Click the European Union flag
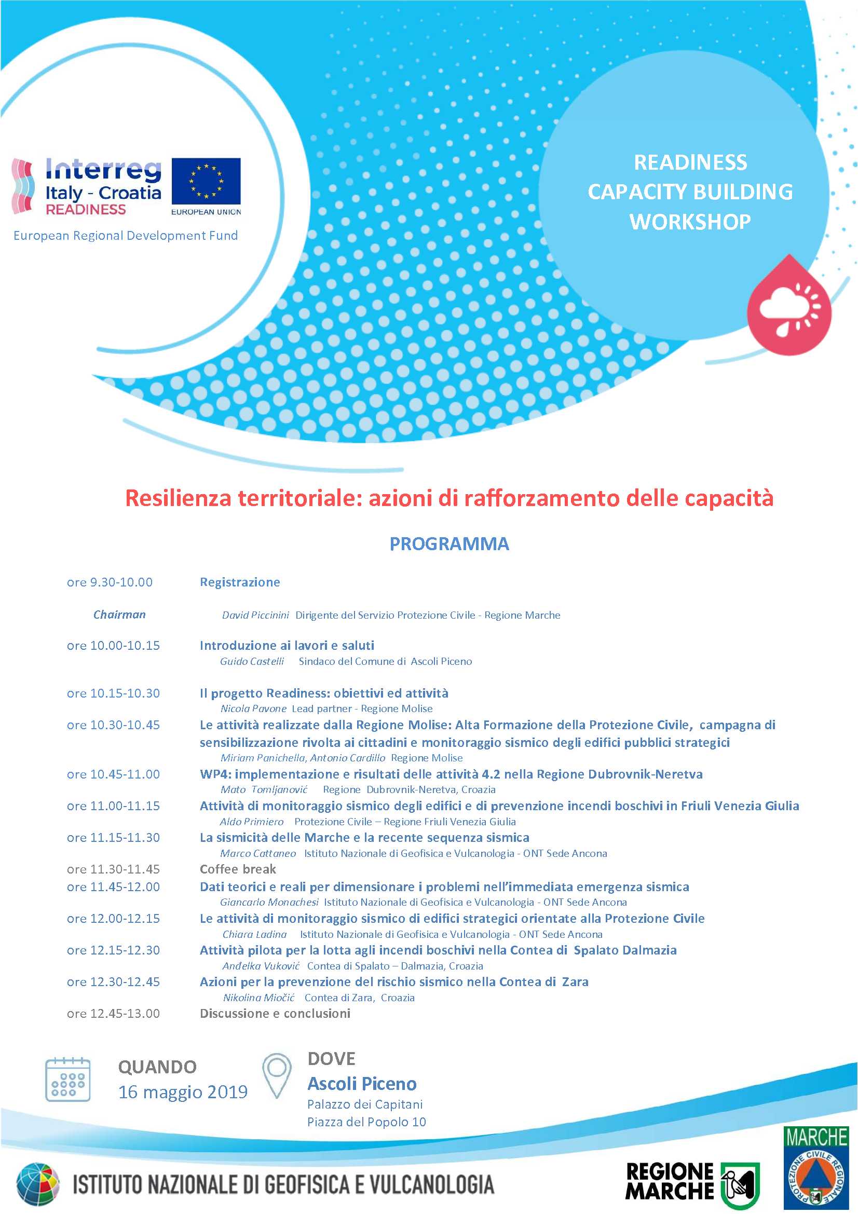pos(206,181)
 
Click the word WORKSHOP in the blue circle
pos(690,222)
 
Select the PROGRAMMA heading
pos(449,543)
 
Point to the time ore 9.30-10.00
pos(110,582)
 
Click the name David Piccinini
pos(255,615)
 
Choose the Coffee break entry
pos(238,869)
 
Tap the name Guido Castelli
pos(252,661)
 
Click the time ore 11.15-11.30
pos(113,838)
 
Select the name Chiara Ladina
pos(254,934)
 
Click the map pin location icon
pos(277,1075)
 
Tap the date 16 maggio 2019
pos(183,1092)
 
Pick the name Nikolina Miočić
pos(258,998)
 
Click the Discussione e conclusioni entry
pos(275,1014)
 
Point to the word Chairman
pos(119,615)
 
